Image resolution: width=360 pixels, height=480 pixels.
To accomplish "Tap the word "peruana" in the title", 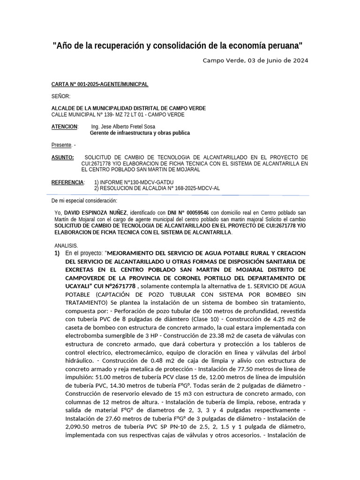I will [283, 46].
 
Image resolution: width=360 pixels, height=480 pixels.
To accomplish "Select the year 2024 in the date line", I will [299, 60].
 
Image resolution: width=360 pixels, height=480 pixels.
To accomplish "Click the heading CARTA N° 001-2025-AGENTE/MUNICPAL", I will [99, 84].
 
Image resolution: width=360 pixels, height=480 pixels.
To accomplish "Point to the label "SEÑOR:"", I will [60, 96].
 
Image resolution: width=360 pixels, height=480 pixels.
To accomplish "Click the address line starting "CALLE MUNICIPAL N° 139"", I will [118, 114].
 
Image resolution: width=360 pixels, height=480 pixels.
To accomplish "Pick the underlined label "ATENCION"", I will [64, 127].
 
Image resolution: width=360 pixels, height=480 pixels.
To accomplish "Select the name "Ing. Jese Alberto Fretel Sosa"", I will [123, 127].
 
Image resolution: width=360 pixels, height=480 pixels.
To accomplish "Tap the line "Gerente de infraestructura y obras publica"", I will [140, 133].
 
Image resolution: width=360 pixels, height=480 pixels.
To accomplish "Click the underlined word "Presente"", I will [61, 145].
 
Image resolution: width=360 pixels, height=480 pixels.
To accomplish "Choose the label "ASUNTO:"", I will [62, 157].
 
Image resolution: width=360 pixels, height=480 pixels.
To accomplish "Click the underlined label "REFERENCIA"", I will [67, 182].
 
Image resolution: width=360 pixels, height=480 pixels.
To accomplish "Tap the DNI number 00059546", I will [197, 212].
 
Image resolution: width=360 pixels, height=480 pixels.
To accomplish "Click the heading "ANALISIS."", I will [66, 246].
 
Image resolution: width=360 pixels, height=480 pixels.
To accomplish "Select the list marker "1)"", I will [57, 253].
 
